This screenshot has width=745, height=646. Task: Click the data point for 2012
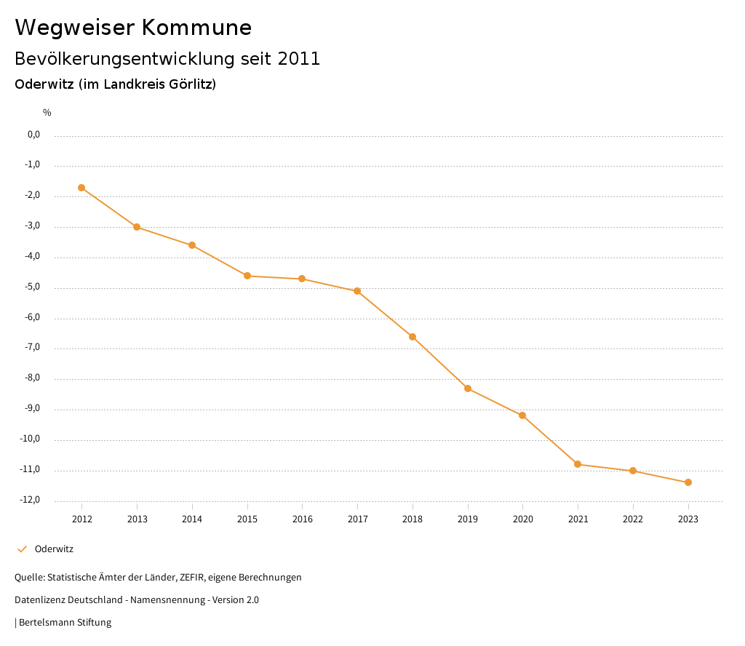(81, 188)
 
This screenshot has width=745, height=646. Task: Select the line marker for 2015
(247, 276)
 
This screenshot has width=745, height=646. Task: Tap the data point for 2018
(413, 337)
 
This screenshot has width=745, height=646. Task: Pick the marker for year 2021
(578, 464)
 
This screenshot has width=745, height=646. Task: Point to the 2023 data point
(688, 482)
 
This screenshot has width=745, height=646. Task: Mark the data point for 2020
(522, 415)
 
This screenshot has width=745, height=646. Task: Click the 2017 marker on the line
(357, 291)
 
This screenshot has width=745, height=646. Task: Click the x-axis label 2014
(192, 519)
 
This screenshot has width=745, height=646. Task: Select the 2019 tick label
(468, 519)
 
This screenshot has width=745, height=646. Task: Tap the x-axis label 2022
(633, 519)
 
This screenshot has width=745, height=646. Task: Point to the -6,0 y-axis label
(32, 317)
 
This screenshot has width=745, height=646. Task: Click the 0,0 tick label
(33, 135)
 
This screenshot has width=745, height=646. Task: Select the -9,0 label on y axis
(32, 408)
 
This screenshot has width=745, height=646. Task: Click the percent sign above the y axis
(47, 113)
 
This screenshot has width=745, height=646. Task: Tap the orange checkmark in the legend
(22, 549)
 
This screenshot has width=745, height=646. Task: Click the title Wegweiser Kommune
(133, 28)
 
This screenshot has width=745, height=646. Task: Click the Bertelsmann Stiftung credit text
(65, 623)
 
